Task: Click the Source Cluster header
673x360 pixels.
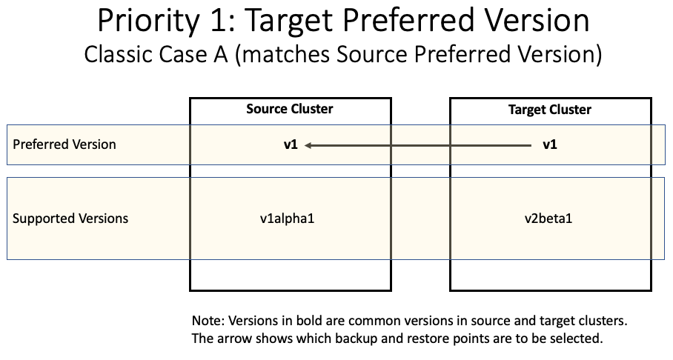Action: tap(290, 109)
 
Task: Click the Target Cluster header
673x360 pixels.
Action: tap(549, 110)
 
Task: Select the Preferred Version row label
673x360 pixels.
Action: tap(64, 144)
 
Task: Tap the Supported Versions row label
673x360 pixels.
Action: tap(70, 219)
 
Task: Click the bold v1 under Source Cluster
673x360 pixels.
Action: tap(290, 145)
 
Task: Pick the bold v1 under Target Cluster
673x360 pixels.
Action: tap(549, 145)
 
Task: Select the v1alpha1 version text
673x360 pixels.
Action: tap(290, 219)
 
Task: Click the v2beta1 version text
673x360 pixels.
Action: tap(549, 219)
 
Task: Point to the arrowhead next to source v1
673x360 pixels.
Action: tap(308, 145)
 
